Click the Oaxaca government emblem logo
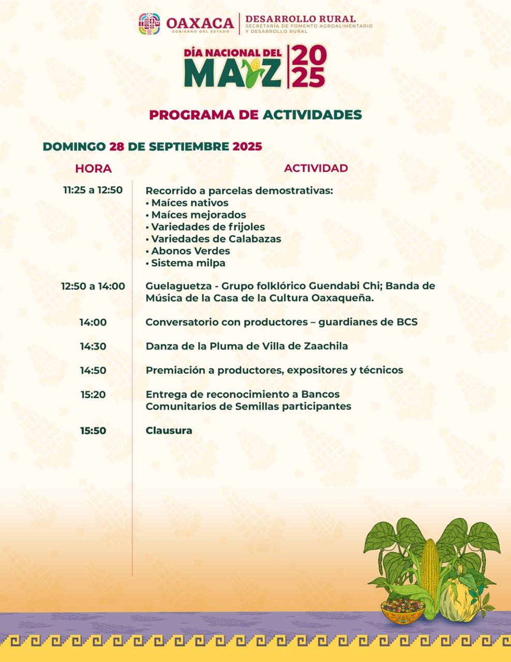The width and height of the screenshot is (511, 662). pyautogui.click(x=149, y=24)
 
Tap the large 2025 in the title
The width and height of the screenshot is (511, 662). pyautogui.click(x=309, y=66)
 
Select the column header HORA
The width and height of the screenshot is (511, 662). pyautogui.click(x=93, y=169)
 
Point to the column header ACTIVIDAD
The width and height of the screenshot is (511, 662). pyautogui.click(x=315, y=168)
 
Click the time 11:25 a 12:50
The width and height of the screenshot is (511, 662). pyautogui.click(x=93, y=190)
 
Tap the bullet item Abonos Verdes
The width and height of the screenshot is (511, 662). pyautogui.click(x=190, y=251)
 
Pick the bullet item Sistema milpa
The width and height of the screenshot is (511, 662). pyautogui.click(x=188, y=263)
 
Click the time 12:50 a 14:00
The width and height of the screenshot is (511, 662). pyautogui.click(x=93, y=286)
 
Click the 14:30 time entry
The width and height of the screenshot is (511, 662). pyautogui.click(x=93, y=346)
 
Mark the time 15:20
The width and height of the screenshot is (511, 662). pyautogui.click(x=93, y=395)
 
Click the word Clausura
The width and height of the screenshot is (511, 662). pyautogui.click(x=169, y=430)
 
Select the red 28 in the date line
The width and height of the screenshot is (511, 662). pyautogui.click(x=117, y=146)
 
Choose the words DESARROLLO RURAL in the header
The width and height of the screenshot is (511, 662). pyautogui.click(x=300, y=19)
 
